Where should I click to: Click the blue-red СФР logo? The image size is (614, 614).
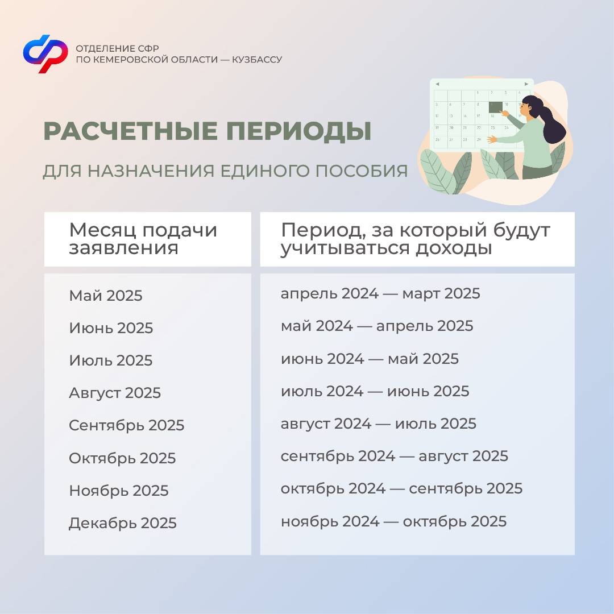point(45,53)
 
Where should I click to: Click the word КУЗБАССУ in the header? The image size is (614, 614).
point(257,60)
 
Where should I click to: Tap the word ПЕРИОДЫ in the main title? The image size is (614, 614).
point(298,131)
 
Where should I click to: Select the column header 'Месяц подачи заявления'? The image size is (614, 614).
point(143,239)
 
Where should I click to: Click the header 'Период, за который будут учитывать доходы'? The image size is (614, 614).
point(415,239)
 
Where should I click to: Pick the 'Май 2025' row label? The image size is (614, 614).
point(106,296)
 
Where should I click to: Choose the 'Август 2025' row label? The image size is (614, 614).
point(115,393)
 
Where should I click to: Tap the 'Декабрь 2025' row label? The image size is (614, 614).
point(123,523)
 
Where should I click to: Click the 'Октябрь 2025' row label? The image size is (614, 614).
point(122,458)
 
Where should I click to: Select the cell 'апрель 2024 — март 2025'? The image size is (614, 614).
point(380,294)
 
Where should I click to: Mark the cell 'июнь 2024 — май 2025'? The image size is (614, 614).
point(370,359)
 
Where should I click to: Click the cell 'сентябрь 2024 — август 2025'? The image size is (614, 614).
point(395,456)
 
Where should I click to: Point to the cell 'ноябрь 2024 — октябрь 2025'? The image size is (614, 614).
point(393,521)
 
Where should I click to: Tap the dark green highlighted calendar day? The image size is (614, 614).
point(495,106)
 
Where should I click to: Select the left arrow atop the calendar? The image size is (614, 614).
point(437,84)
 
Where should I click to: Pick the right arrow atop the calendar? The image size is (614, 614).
point(526,84)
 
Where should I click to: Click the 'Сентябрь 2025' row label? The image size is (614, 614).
point(126,426)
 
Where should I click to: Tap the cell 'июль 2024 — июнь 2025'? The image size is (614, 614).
point(375,392)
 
